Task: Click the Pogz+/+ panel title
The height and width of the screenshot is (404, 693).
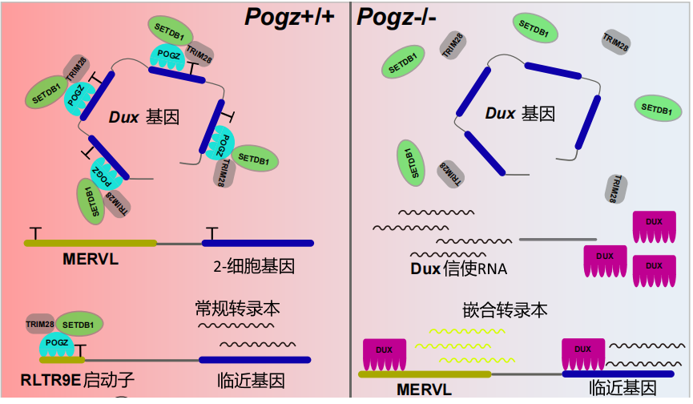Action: click(295, 16)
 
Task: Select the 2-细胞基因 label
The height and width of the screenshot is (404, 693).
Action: click(255, 265)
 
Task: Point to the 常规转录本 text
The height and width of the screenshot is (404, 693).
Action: click(237, 309)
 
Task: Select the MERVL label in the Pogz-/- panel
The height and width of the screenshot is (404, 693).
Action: click(424, 390)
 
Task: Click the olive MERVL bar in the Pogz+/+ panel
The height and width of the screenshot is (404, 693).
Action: click(90, 242)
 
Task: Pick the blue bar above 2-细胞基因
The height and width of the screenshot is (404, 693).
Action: click(256, 243)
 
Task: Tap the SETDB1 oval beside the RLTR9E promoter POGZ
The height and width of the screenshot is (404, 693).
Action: click(79, 325)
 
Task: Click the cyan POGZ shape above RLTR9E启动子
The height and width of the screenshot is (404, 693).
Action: click(56, 344)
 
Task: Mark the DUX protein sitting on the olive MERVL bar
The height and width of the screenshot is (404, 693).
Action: click(385, 352)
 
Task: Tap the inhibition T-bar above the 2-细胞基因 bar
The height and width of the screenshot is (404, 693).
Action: click(211, 232)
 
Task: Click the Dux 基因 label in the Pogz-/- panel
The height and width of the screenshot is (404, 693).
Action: click(520, 114)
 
